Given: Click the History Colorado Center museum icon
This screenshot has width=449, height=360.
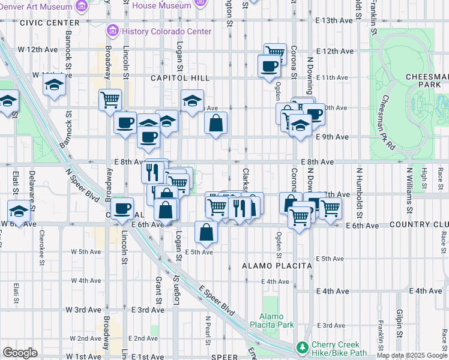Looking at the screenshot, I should coord(112,31).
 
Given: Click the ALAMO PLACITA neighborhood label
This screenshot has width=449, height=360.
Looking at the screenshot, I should coord(277,265).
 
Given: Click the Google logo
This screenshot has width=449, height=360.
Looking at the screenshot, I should coord(20,353).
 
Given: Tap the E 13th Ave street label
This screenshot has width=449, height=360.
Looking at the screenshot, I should coord(334,20).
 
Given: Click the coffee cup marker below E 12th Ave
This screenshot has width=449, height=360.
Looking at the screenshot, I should coord(269,65).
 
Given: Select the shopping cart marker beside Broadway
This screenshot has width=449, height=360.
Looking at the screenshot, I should coord(110,100).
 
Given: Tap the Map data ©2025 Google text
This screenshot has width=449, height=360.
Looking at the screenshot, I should coord(411,355).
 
